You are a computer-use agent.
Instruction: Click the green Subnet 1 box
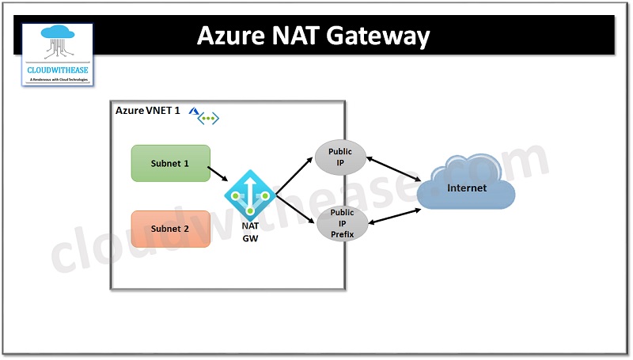(x=170, y=163)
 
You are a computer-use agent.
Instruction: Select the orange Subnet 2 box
(x=170, y=229)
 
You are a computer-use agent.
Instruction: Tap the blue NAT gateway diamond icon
(x=250, y=195)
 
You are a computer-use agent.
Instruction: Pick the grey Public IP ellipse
(x=340, y=157)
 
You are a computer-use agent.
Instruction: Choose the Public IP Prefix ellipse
(x=342, y=224)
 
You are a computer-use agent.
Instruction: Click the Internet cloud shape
(x=466, y=188)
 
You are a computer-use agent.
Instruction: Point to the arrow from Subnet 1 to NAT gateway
(x=218, y=173)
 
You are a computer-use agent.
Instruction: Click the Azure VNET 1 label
(x=147, y=110)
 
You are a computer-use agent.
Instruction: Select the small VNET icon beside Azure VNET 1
(x=207, y=117)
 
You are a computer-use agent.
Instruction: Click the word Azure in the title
(x=229, y=36)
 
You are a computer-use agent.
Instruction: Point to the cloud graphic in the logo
(x=57, y=41)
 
